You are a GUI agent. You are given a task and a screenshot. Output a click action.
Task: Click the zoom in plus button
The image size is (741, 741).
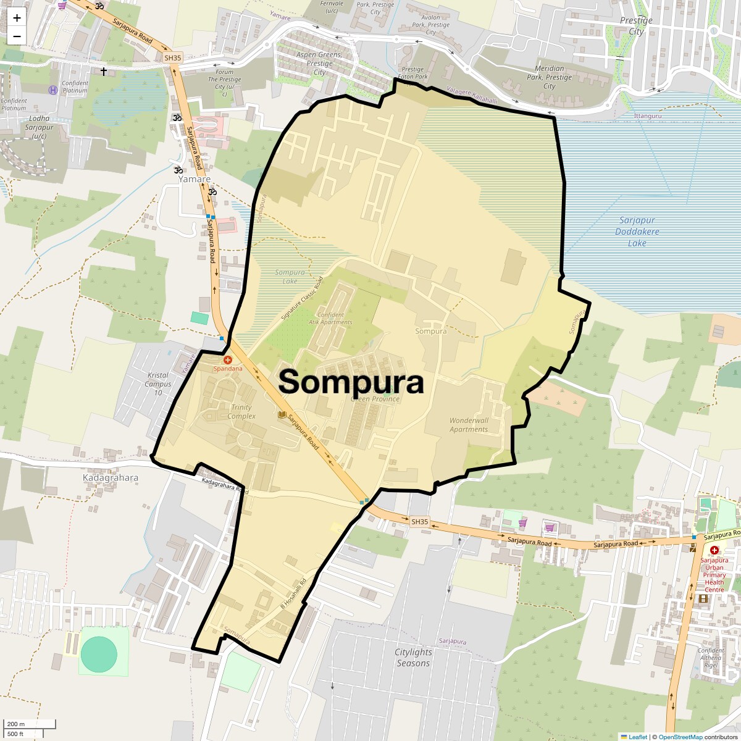click(x=17, y=18)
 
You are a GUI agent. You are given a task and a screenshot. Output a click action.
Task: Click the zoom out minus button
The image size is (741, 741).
click(x=17, y=36)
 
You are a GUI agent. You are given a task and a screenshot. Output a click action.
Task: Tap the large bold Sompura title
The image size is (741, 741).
click(x=351, y=382)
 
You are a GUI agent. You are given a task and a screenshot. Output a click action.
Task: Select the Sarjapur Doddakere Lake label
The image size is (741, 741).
click(x=637, y=232)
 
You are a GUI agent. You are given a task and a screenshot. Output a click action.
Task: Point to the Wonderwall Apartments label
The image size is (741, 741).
click(x=469, y=425)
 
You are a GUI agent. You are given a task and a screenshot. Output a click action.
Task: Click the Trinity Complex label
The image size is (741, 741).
click(x=241, y=412)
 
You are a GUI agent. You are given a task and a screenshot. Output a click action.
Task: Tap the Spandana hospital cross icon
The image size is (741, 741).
click(x=228, y=359)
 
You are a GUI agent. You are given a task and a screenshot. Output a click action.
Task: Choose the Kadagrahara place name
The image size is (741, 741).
click(x=111, y=478)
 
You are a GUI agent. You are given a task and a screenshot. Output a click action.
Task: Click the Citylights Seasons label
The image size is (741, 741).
click(x=413, y=658)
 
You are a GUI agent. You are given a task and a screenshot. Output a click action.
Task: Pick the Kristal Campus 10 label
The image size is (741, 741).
click(x=158, y=383)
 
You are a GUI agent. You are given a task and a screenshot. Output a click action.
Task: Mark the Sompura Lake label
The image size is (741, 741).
click(x=290, y=277)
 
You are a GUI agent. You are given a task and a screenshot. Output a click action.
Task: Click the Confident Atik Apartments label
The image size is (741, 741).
click(x=330, y=319)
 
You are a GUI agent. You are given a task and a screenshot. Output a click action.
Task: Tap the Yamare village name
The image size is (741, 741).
click(x=195, y=179)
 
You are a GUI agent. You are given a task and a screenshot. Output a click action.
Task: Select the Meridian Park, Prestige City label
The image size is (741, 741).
click(x=550, y=77)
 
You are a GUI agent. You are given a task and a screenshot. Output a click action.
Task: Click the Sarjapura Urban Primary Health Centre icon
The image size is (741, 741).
click(x=714, y=550)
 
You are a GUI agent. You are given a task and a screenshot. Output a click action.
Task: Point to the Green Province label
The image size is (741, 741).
click(x=375, y=399)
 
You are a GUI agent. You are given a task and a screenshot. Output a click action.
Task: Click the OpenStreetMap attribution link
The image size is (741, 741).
click(x=680, y=737)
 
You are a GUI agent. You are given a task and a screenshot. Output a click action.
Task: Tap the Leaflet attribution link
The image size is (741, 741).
click(x=638, y=737)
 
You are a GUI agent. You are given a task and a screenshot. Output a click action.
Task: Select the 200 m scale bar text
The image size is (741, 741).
click(x=16, y=724)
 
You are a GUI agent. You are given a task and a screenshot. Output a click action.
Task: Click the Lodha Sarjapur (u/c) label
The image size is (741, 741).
click(x=39, y=127)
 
